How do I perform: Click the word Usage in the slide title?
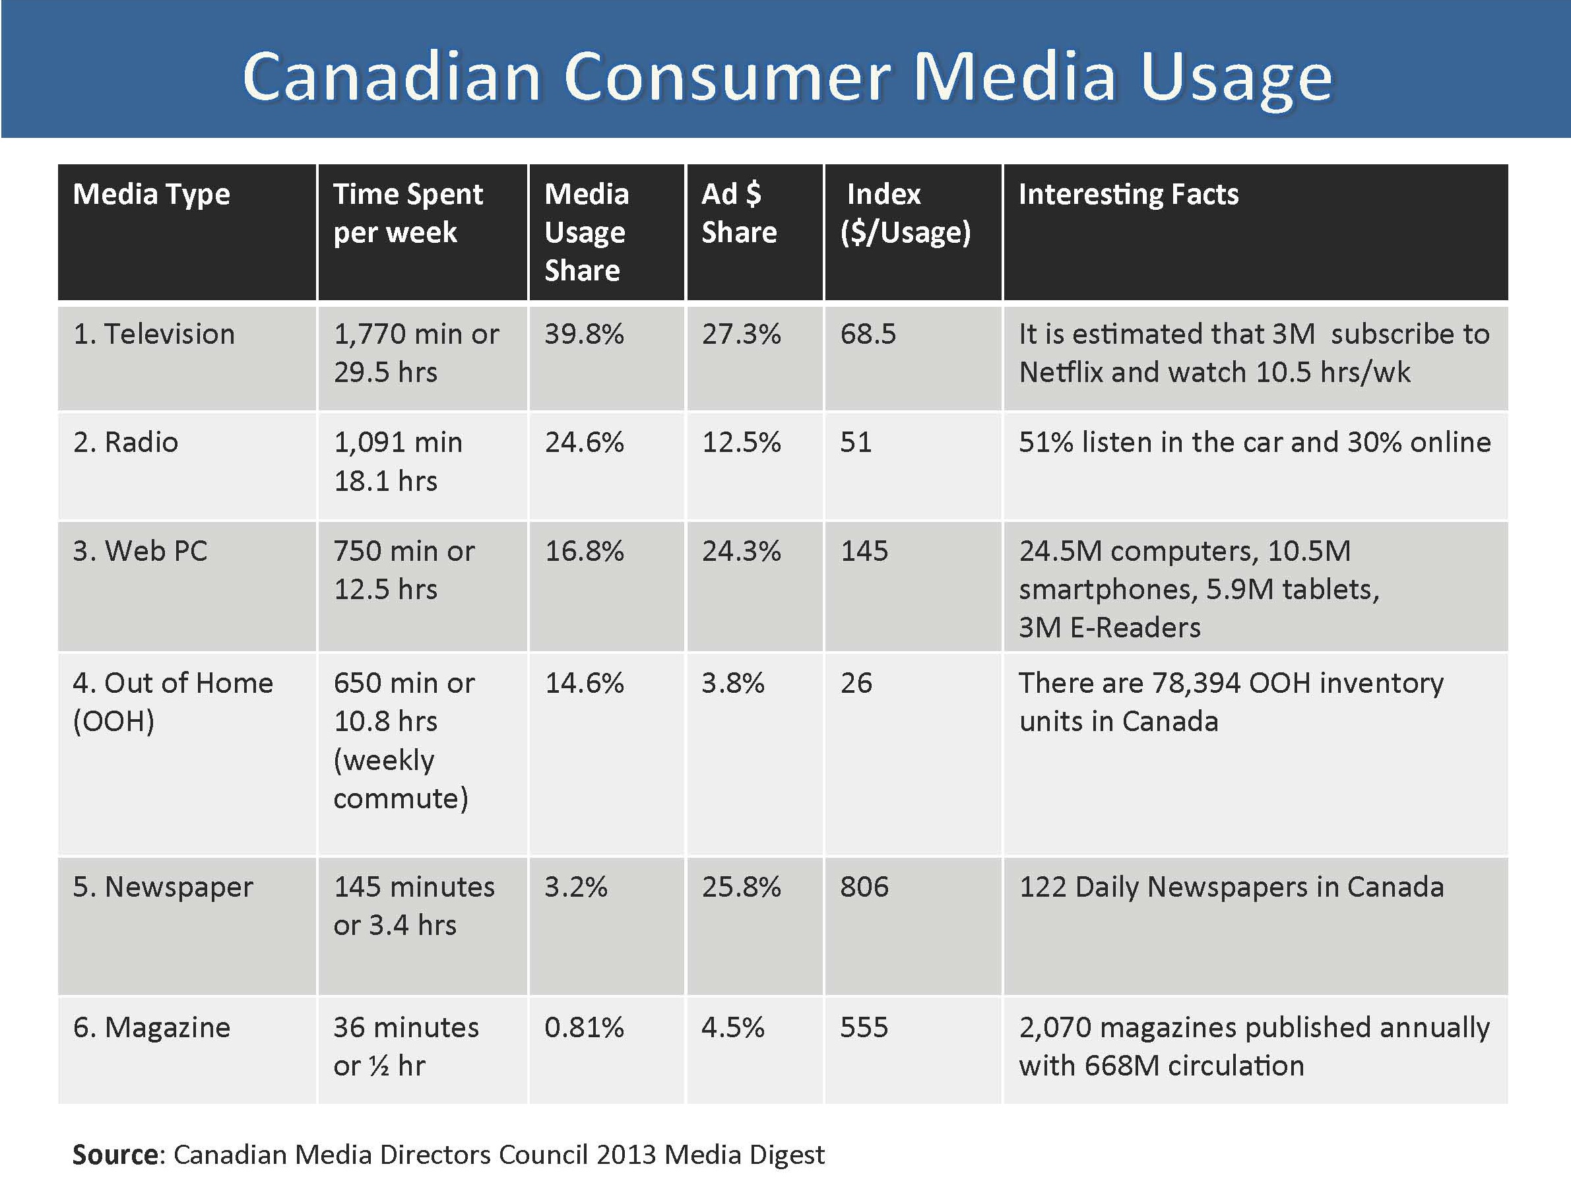[1236, 80]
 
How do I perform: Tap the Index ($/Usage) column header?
[905, 213]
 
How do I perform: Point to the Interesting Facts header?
[1128, 194]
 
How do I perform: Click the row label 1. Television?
[154, 334]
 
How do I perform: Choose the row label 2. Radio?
[126, 442]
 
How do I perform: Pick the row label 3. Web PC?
[140, 550]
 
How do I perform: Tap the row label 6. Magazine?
[152, 1028]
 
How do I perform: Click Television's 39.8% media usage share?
[585, 334]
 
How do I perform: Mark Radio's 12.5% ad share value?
[742, 442]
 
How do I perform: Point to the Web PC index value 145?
[864, 550]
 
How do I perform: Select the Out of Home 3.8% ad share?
[733, 683]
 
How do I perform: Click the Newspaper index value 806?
[864, 887]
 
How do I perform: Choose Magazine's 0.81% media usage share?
[585, 1027]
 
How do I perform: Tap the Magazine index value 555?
[864, 1027]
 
